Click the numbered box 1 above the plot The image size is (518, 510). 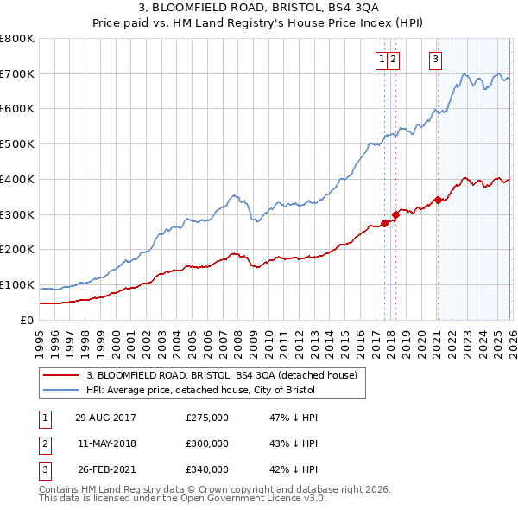pyautogui.click(x=381, y=60)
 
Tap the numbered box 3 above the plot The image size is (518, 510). pyautogui.click(x=435, y=60)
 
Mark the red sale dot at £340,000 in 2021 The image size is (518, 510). pyautogui.click(x=438, y=200)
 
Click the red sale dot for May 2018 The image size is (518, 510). pyautogui.click(x=395, y=214)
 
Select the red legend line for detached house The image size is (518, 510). pyautogui.click(x=60, y=375)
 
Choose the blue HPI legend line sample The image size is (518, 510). pyautogui.click(x=60, y=390)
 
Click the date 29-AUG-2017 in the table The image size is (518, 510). pyautogui.click(x=105, y=418)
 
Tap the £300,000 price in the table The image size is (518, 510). pyautogui.click(x=207, y=443)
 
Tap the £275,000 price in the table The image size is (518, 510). pyautogui.click(x=207, y=418)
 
